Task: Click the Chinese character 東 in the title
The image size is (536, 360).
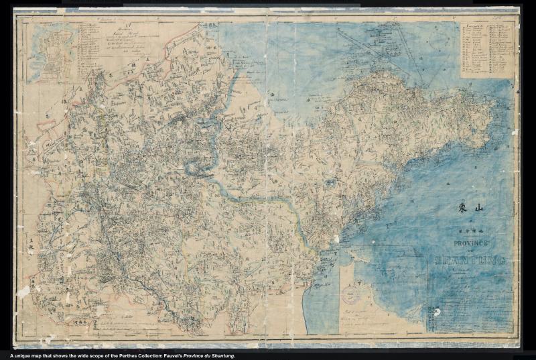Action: [462, 208]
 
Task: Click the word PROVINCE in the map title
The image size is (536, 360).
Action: [473, 243]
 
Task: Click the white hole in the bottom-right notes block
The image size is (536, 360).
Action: [437, 312]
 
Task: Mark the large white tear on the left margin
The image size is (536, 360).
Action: [23, 292]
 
